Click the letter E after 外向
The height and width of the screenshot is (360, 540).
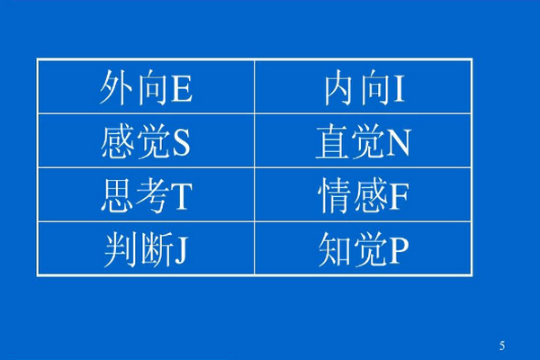point(182,88)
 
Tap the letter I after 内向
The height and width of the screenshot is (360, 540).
point(399,88)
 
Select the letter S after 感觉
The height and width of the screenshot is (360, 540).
point(181,142)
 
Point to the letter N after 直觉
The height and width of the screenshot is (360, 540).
point(399,142)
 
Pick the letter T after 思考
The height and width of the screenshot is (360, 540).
point(182,196)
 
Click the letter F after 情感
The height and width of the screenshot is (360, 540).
point(399,196)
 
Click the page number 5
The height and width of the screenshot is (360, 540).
point(502,346)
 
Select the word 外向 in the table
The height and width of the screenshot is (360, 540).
point(134,88)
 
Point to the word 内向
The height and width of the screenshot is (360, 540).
point(358,88)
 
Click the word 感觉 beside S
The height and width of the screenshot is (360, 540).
point(136,142)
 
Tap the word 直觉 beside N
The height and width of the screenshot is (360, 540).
point(350,142)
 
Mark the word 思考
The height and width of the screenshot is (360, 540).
point(135,196)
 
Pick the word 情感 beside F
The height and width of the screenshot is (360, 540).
point(354,196)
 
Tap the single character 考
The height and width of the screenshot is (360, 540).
point(153,196)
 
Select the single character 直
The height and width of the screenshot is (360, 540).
point(332,142)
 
